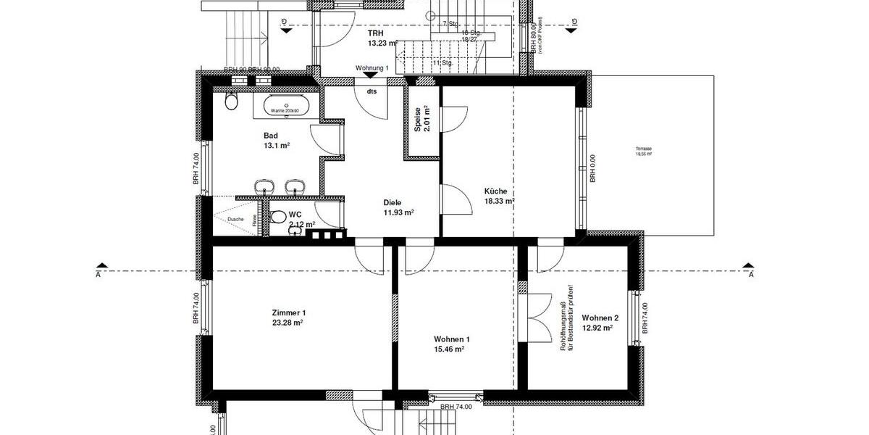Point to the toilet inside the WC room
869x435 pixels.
(x=278, y=217)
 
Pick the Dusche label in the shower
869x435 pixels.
(x=235, y=219)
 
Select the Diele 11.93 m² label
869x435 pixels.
(x=398, y=208)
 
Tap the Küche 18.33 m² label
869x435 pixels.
(x=500, y=196)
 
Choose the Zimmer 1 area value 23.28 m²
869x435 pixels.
(x=287, y=323)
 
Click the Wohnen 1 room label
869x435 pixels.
(x=452, y=339)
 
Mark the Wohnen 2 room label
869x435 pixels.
(x=600, y=318)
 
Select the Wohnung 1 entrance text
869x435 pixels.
(x=372, y=68)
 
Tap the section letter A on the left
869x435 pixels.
(x=98, y=275)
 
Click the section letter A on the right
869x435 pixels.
(x=751, y=275)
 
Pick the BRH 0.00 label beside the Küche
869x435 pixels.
(x=592, y=168)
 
